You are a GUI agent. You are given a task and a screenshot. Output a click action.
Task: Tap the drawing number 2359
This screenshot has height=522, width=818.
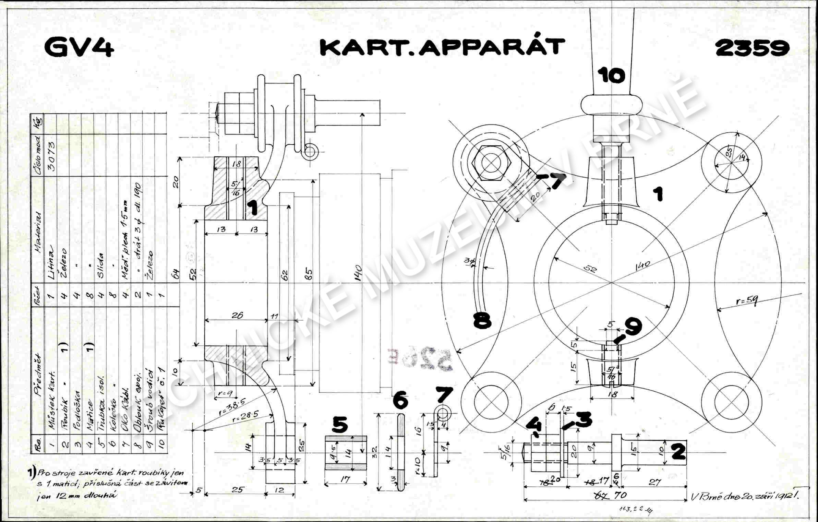(752, 48)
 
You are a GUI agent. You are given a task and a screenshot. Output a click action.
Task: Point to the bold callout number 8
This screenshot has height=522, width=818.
(482, 321)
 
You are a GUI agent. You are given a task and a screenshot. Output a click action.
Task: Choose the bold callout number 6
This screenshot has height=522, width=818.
(400, 401)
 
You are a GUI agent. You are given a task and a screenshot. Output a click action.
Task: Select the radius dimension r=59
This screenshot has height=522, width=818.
(747, 301)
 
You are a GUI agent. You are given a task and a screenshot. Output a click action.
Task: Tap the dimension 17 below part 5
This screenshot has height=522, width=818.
(346, 479)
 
